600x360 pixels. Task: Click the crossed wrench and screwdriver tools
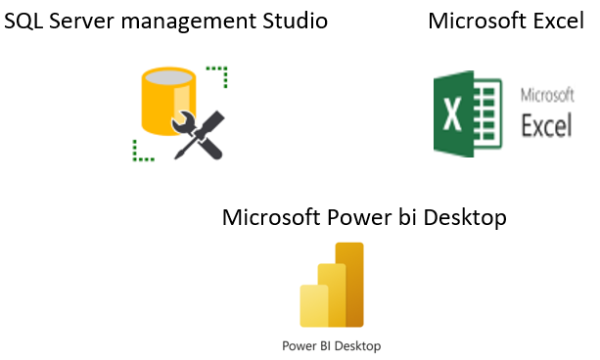pyautogui.click(x=199, y=134)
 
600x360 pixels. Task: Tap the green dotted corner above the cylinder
pyautogui.click(x=219, y=73)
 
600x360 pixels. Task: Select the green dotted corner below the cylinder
pyautogui.click(x=142, y=150)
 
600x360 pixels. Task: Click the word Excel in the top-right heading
pyautogui.click(x=558, y=21)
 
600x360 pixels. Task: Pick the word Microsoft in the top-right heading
pyautogui.click(x=477, y=21)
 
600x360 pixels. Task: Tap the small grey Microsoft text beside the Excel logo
pyautogui.click(x=546, y=96)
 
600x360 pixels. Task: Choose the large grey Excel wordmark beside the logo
pyautogui.click(x=546, y=126)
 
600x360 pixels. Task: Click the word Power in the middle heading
pyautogui.click(x=354, y=217)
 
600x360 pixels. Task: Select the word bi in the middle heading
pyautogui.click(x=402, y=217)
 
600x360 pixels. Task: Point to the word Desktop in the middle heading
pyautogui.click(x=463, y=217)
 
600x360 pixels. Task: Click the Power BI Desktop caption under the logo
pyautogui.click(x=331, y=345)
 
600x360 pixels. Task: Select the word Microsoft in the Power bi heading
pyautogui.click(x=271, y=217)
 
